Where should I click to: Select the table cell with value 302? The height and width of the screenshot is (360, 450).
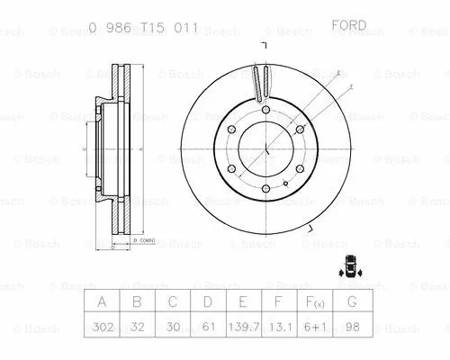click(x=103, y=328)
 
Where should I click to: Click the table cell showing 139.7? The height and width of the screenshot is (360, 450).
click(x=244, y=328)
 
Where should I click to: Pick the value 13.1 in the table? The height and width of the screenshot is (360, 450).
click(x=280, y=328)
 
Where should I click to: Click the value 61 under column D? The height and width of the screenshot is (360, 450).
click(x=209, y=328)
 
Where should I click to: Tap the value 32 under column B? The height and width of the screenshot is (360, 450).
click(x=139, y=328)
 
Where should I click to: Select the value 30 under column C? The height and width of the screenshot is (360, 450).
click(x=174, y=328)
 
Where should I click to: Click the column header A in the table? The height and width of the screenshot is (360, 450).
click(x=103, y=302)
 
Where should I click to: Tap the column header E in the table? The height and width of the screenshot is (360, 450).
click(x=244, y=302)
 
